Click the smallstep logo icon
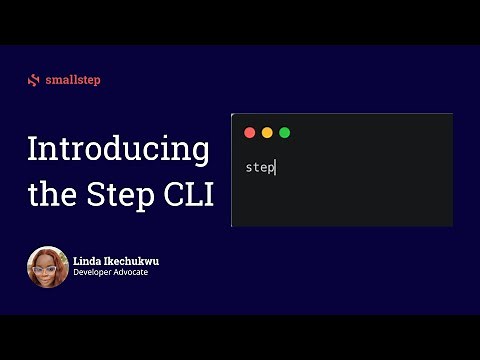(34, 80)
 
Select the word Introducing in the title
(118, 150)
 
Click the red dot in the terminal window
(250, 132)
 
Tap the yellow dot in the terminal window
(267, 132)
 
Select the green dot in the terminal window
(284, 132)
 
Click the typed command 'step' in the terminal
(259, 167)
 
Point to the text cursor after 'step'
(275, 167)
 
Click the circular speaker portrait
(47, 266)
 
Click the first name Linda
(87, 261)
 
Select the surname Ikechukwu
(130, 261)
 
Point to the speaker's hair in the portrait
(47, 252)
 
